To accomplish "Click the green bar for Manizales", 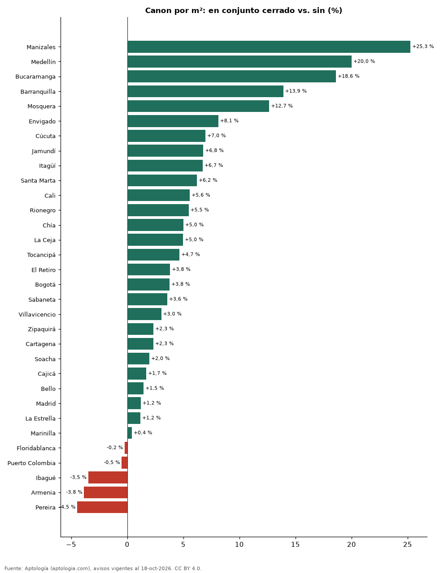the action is (269, 47).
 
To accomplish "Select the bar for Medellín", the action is (239, 61).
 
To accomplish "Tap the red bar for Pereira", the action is (102, 507).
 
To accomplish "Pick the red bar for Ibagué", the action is (108, 477).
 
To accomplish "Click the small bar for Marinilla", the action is (130, 433).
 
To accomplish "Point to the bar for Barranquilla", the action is (205, 91).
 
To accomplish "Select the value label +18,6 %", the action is (348, 76).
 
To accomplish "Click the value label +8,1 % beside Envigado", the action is (229, 120).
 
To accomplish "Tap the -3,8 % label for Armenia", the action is (74, 492).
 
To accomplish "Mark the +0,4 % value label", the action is (143, 432).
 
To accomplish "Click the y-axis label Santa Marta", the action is (38, 180).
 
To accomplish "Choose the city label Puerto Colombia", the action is (31, 463).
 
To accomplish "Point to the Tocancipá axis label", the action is (41, 255).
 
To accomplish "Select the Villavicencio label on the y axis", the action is (37, 314).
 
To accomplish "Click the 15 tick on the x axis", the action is (295, 544).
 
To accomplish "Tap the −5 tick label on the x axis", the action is (71, 544).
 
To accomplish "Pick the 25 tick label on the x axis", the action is (407, 544).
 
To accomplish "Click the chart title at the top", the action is (244, 11).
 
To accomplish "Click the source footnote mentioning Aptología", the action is (103, 568).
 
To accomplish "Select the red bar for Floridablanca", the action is (126, 448).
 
